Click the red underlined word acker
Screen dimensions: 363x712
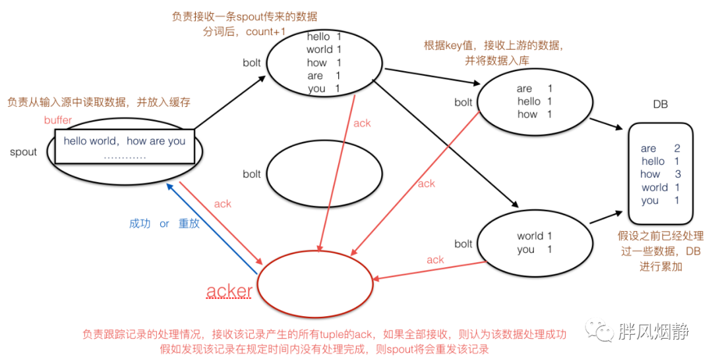[229, 290]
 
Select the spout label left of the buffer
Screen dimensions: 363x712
[24, 152]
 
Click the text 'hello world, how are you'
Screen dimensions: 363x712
[125, 141]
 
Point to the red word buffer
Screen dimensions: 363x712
[58, 121]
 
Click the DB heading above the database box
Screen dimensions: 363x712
[660, 105]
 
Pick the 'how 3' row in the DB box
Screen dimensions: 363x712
[660, 174]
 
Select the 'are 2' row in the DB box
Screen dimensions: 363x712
[660, 148]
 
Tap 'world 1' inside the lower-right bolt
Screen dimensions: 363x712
[534, 236]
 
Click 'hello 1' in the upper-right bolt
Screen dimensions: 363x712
[534, 101]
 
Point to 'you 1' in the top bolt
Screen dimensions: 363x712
[324, 88]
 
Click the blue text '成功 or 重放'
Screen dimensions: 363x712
[164, 223]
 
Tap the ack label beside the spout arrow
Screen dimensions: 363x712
[222, 204]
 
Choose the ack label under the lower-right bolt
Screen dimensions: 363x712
[435, 260]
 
